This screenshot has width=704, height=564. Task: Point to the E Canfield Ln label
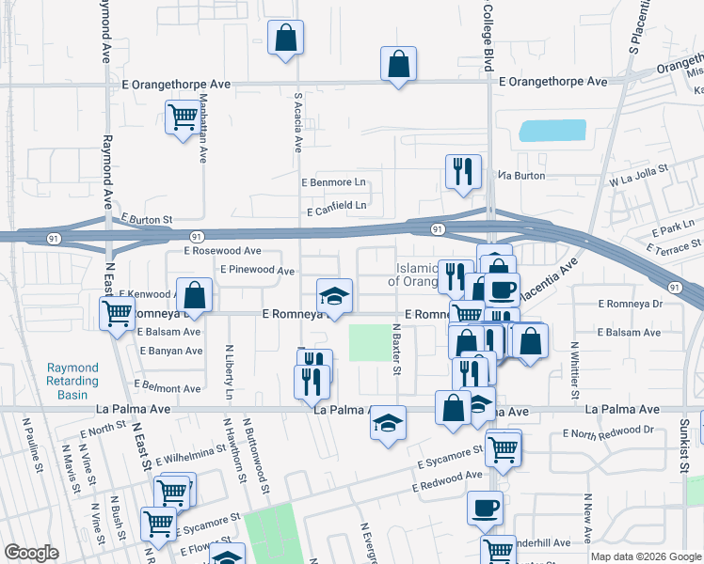(x=333, y=203)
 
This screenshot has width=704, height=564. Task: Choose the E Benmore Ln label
(x=332, y=181)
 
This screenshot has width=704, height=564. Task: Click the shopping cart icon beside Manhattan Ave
(x=182, y=119)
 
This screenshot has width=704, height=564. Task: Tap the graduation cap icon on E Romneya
(x=334, y=296)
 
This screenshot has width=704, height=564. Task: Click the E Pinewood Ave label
(x=258, y=270)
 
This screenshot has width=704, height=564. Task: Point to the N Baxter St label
(x=397, y=347)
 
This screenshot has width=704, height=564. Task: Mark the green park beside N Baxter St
(x=368, y=342)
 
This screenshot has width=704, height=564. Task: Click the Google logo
(x=31, y=553)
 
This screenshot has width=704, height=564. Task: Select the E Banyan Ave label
(x=170, y=351)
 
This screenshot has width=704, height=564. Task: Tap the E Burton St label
(x=146, y=218)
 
